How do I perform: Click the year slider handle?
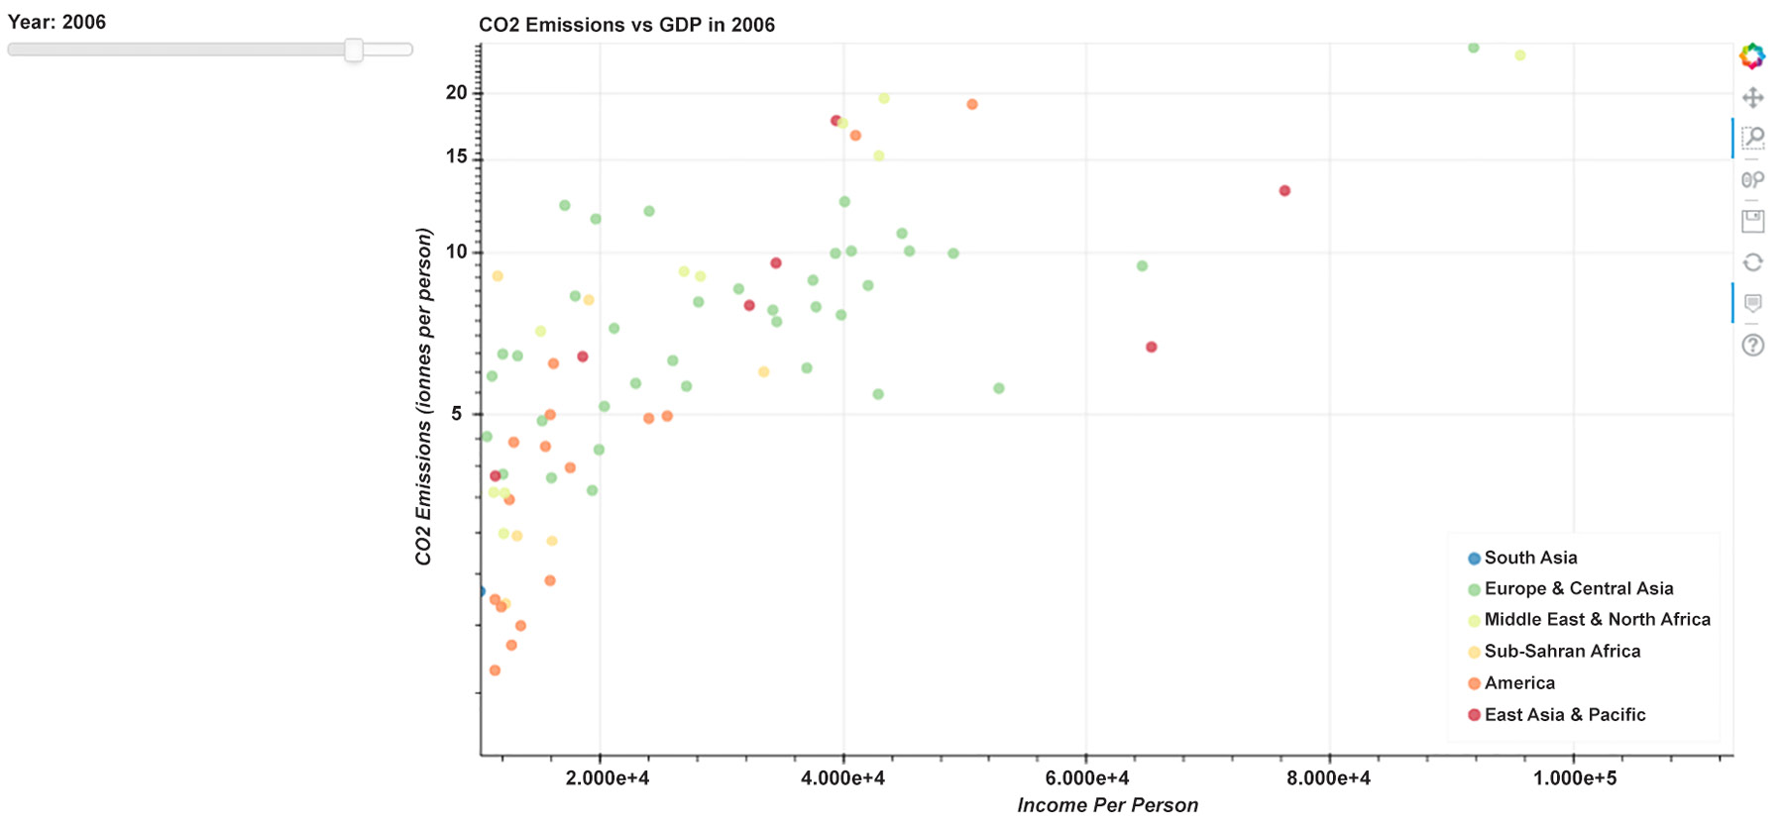(x=354, y=51)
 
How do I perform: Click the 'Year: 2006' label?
(x=56, y=22)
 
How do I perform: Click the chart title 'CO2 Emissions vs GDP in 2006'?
(x=626, y=25)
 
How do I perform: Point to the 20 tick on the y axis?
(x=456, y=92)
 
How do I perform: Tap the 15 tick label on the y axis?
(x=456, y=156)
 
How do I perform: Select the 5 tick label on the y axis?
(x=456, y=414)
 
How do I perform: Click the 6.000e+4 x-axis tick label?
(x=1086, y=778)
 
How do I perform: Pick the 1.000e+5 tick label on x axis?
(x=1574, y=778)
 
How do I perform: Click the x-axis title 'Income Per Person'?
(x=1107, y=805)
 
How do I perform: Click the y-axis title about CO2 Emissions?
(x=424, y=396)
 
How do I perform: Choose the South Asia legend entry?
(x=1529, y=558)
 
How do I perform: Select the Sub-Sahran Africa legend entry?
(x=1561, y=652)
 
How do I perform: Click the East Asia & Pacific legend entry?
(x=1563, y=715)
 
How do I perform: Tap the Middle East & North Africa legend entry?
(x=1596, y=620)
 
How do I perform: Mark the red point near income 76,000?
(x=1284, y=191)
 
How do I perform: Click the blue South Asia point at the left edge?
(x=482, y=591)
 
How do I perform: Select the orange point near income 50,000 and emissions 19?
(x=972, y=105)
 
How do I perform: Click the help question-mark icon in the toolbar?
(x=1752, y=346)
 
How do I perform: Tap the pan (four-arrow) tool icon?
(x=1752, y=98)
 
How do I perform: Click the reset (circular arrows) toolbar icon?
(x=1752, y=262)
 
